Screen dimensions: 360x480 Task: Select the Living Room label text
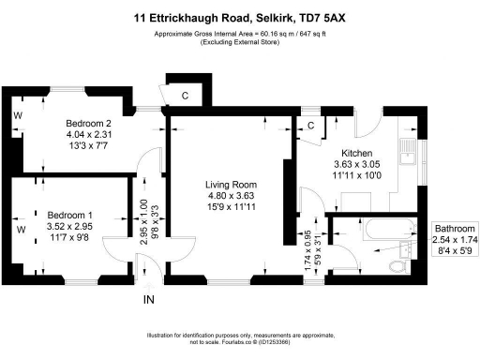pos(231,185)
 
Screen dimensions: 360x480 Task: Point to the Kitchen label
pos(357,153)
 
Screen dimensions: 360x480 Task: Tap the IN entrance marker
pos(148,300)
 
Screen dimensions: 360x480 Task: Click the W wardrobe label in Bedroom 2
pos(18,116)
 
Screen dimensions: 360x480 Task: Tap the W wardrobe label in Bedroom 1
pos(20,228)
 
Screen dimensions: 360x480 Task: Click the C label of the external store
pos(185,94)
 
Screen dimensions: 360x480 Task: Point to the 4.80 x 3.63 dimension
pos(231,196)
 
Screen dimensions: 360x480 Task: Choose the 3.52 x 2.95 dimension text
pos(70,225)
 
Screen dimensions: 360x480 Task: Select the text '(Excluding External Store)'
pos(239,43)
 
